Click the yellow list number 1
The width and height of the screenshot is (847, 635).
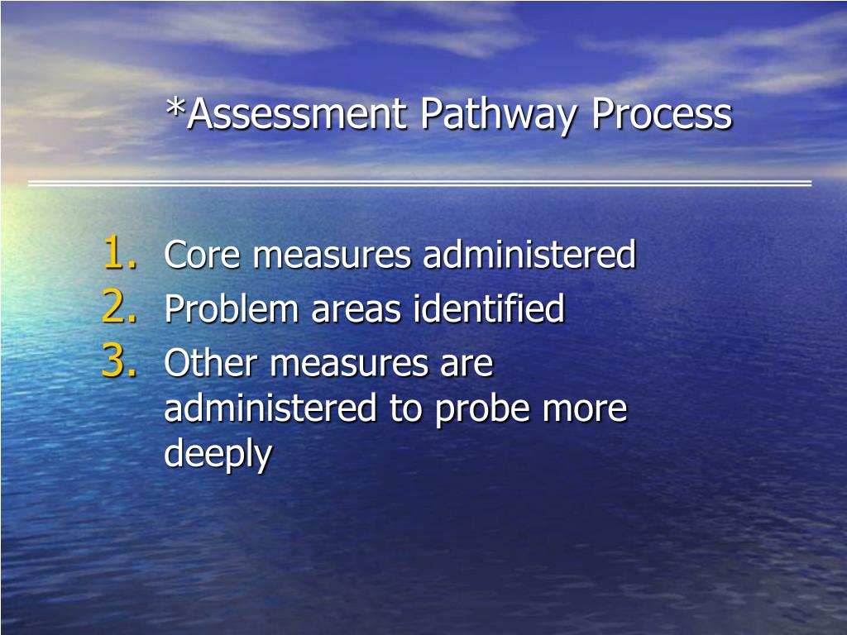(x=121, y=253)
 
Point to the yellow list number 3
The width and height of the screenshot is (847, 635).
(x=121, y=361)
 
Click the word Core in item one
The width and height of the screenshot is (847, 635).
(x=203, y=255)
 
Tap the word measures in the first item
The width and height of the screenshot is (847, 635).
(x=332, y=255)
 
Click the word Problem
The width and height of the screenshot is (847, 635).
(x=232, y=309)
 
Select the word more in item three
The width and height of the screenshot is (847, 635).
(x=588, y=409)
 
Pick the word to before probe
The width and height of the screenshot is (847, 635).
(x=406, y=409)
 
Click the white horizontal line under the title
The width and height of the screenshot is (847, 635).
(x=419, y=183)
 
